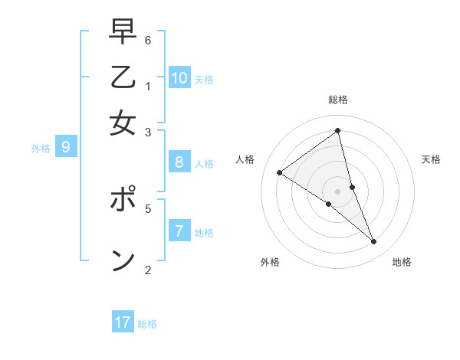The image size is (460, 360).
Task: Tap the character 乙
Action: [x=123, y=80]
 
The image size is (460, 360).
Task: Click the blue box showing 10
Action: [x=179, y=78]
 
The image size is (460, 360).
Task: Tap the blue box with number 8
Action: [x=179, y=162]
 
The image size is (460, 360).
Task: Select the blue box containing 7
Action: [x=179, y=231]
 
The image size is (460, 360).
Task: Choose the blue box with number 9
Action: [x=65, y=146]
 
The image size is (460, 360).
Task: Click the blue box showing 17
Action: [x=123, y=322]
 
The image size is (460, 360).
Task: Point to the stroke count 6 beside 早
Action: [x=148, y=40]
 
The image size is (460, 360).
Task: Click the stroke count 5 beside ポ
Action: [x=148, y=208]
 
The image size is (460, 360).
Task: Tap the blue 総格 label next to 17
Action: [x=147, y=324]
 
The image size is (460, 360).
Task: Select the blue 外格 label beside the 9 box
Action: [x=41, y=149]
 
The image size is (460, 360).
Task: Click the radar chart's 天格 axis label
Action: [x=432, y=159]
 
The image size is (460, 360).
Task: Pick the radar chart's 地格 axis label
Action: [x=402, y=262]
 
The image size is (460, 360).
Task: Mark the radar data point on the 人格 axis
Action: [x=279, y=173]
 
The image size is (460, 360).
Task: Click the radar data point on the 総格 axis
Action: [x=338, y=130]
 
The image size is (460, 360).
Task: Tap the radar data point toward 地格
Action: [x=374, y=242]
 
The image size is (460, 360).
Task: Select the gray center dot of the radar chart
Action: [x=338, y=191]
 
